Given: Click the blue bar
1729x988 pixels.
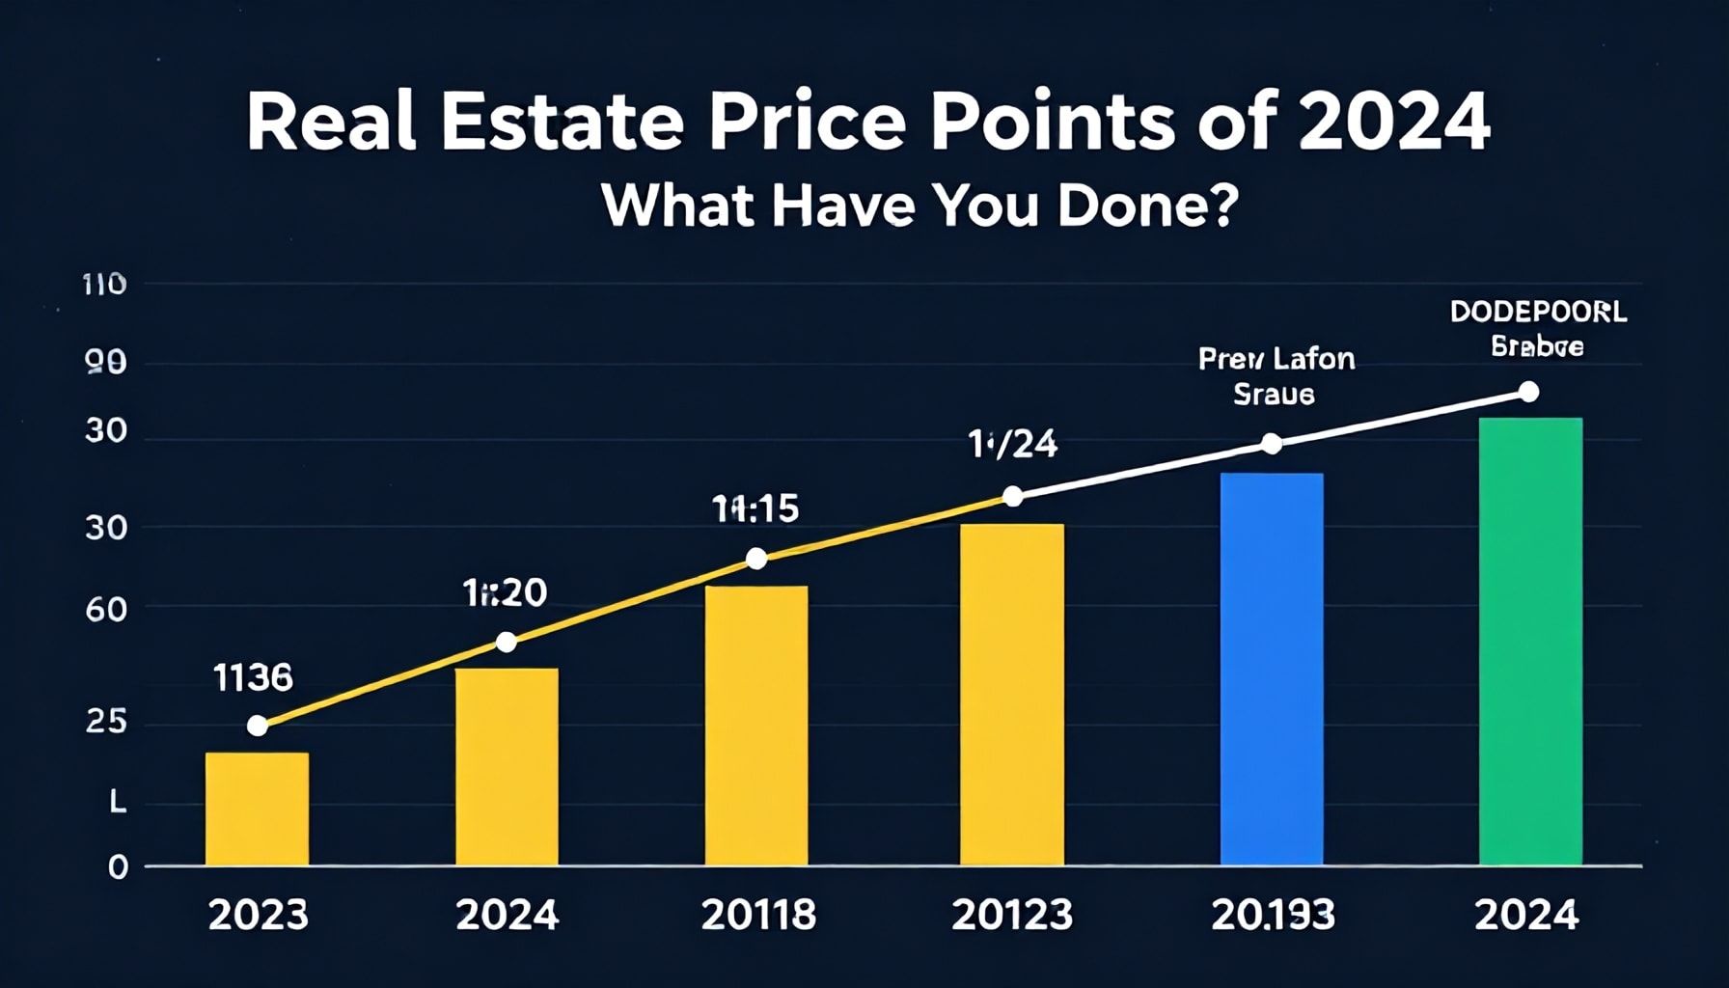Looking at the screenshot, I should (x=1271, y=669).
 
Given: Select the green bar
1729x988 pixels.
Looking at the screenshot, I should (x=1530, y=641).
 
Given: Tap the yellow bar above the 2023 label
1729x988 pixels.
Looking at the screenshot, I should (x=257, y=809).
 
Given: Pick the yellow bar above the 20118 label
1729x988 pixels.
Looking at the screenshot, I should (x=756, y=725).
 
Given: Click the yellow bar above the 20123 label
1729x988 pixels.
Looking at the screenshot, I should (x=1011, y=694).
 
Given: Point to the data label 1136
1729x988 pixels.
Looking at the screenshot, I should (x=253, y=678).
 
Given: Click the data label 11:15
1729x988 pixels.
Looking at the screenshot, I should (x=755, y=508).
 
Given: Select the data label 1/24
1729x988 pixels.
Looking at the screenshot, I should (x=1013, y=445).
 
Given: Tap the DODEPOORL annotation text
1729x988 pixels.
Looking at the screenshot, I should (x=1538, y=313).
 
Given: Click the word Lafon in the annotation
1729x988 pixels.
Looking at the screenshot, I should (x=1313, y=360).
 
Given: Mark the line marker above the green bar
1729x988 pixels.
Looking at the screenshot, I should (x=1528, y=392).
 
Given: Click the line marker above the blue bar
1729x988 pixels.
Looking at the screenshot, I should (x=1272, y=444).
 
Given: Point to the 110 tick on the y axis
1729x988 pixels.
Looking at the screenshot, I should (x=105, y=285).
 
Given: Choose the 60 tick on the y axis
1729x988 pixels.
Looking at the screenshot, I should (x=106, y=610).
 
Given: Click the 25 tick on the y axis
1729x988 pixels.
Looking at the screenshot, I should (x=106, y=722).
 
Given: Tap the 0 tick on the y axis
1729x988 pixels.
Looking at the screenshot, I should (x=118, y=867).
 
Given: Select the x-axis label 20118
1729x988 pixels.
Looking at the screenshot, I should (x=758, y=915).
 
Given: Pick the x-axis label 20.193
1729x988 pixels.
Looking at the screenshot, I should (x=1273, y=915).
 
